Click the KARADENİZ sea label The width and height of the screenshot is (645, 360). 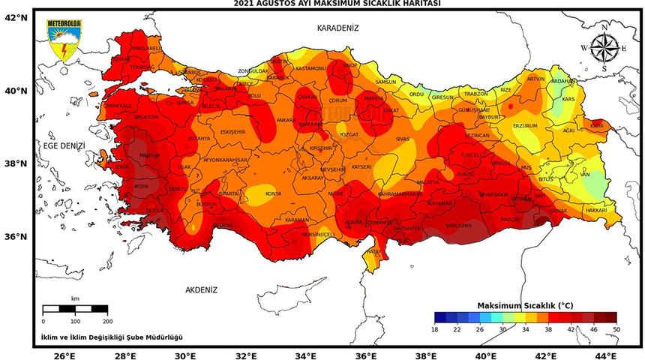[x=337, y=28]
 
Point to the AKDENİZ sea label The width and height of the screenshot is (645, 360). [x=200, y=289]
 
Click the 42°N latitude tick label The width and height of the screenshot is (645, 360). [x=16, y=16]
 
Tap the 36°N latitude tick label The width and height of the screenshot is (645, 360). [x=16, y=236]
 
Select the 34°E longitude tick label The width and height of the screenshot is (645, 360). [x=305, y=355]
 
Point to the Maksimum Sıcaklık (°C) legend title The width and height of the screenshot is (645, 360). [x=525, y=306]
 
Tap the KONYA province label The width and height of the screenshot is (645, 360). [x=274, y=193]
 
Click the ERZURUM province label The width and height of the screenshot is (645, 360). [x=525, y=126]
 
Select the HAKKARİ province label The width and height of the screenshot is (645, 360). [x=596, y=211]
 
